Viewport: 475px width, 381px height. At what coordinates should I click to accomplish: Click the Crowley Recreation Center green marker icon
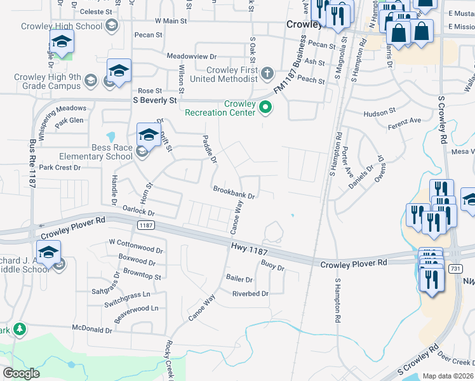(267, 108)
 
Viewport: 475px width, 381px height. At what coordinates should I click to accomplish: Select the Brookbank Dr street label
(234, 190)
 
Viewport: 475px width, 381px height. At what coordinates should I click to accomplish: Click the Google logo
(22, 373)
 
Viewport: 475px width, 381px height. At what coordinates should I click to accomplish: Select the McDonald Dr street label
(91, 330)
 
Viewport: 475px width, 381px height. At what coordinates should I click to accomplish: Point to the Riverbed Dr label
(250, 294)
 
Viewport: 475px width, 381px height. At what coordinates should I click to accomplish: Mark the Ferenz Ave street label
(405, 121)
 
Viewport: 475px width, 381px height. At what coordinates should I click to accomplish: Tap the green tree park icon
(20, 329)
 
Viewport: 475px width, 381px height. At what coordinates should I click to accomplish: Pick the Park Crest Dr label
(60, 168)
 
